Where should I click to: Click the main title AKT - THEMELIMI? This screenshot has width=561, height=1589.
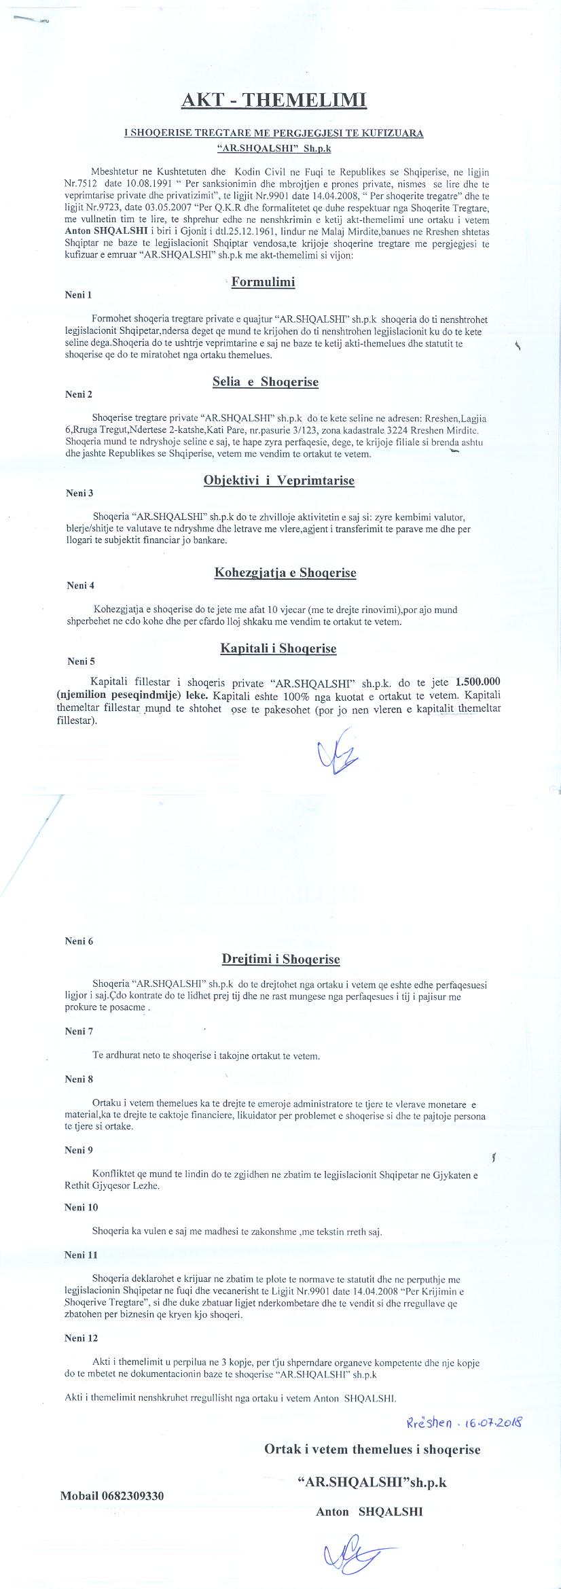coord(273,101)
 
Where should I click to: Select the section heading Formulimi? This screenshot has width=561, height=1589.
coord(263,281)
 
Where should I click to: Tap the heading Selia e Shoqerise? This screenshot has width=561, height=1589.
coord(265,382)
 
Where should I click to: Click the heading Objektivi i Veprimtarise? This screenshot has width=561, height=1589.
coord(278,481)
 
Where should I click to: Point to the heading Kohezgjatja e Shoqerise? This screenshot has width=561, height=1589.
coord(285,572)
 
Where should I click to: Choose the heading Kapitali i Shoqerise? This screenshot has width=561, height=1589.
coord(278,648)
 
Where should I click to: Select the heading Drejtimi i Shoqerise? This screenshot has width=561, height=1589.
coord(280,959)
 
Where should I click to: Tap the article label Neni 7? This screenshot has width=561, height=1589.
coord(79,1031)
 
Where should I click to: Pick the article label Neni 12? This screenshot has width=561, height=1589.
coord(82,1338)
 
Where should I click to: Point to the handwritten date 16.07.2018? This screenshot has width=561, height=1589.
coord(499,1422)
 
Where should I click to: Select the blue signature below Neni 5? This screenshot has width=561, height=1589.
coord(338,750)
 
